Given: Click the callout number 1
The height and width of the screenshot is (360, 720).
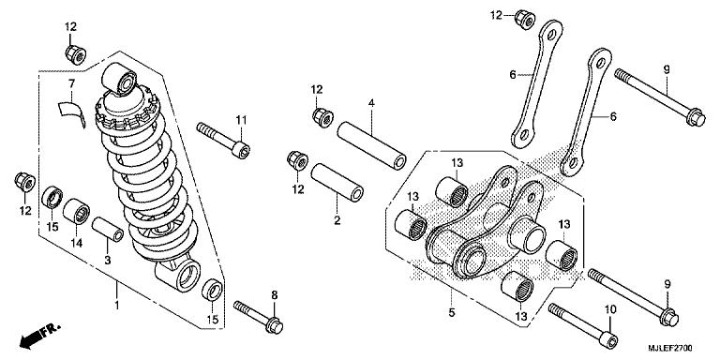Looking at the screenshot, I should click(x=116, y=306).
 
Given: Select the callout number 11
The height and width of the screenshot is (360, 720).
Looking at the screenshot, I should click(x=240, y=118).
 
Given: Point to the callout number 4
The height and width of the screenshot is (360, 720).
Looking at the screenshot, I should click(x=370, y=102).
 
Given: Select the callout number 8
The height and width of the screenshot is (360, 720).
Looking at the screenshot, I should click(x=275, y=296).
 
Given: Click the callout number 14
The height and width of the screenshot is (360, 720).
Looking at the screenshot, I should click(x=76, y=242).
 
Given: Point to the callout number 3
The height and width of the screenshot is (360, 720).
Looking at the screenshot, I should click(x=107, y=259).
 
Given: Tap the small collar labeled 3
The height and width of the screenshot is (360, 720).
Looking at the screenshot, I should click(x=107, y=232).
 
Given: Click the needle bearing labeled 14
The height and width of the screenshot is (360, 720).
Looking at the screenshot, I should click(x=77, y=209).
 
